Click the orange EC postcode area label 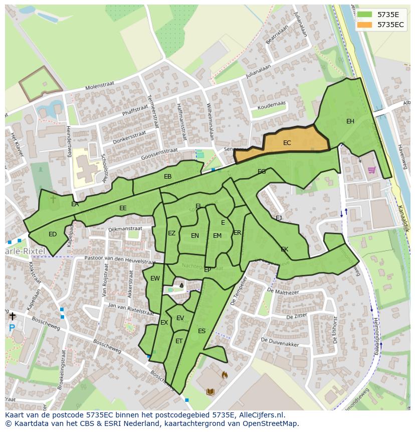pyautogui.click(x=287, y=143)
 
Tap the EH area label pyautogui.click(x=350, y=121)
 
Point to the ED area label pyautogui.click(x=53, y=234)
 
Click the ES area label pyautogui.click(x=201, y=331)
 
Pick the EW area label pyautogui.click(x=155, y=278)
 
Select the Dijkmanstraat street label pyautogui.click(x=125, y=229)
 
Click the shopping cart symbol pyautogui.click(x=371, y=170)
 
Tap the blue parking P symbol pyautogui.click(x=12, y=329)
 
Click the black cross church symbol pyautogui.click(x=12, y=316)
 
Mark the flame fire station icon pyautogui.click(x=225, y=374)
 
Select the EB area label pyautogui.click(x=167, y=177)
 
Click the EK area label pyautogui.click(x=284, y=249)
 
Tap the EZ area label pyautogui.click(x=171, y=233)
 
